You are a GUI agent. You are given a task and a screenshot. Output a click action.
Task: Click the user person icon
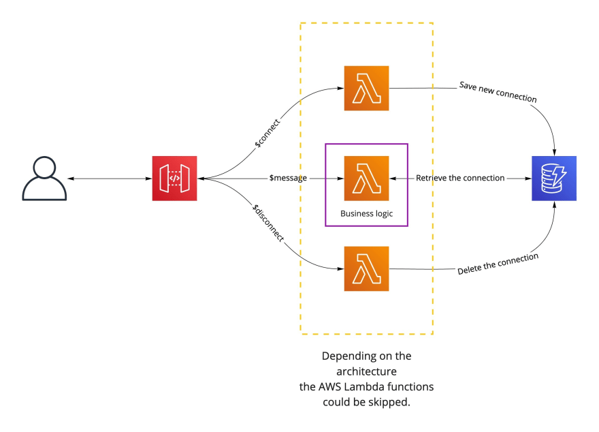point(44,179)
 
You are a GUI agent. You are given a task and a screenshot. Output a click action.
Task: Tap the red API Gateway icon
point(174,179)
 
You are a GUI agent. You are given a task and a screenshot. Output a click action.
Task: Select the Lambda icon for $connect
point(366,88)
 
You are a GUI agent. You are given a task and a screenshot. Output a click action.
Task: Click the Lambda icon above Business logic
point(366,178)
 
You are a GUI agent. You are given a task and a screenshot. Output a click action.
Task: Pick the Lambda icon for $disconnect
point(366,268)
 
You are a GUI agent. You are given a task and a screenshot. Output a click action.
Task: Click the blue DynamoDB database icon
point(554,179)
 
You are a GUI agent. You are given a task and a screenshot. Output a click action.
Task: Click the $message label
point(288,178)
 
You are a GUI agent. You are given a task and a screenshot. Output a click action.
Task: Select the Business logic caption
point(366,213)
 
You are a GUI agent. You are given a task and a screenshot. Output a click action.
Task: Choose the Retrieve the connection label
point(460,178)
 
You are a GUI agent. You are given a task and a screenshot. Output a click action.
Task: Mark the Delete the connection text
point(498,264)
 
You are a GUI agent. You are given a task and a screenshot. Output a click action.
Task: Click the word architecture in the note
point(366,371)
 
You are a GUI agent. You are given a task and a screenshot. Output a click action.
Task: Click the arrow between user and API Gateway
point(109,179)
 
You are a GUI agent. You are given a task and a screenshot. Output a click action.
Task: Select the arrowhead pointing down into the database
point(557,151)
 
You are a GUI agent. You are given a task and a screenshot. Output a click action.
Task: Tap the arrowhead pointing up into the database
point(557,205)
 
